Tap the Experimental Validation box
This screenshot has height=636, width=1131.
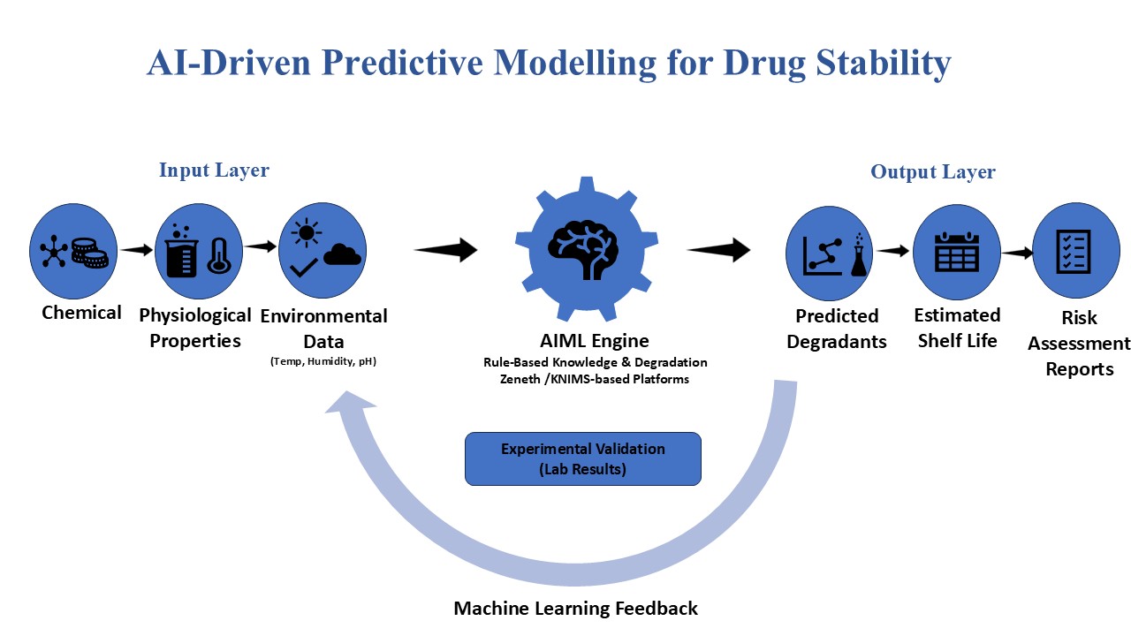(582, 458)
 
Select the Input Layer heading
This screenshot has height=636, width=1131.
(214, 170)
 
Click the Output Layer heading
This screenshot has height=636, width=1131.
(933, 172)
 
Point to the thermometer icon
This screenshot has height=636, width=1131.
(220, 255)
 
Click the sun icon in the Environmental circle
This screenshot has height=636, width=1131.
(306, 232)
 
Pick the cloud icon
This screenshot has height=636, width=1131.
(342, 254)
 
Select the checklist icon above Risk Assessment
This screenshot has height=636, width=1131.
(1074, 251)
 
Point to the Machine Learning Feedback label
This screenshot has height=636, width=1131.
(575, 609)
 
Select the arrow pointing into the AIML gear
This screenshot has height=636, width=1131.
(445, 249)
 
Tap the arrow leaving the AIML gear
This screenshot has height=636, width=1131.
(718, 249)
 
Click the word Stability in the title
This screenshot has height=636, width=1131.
(884, 63)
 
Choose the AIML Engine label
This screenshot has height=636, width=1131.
(595, 341)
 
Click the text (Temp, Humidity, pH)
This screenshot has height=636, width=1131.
(323, 361)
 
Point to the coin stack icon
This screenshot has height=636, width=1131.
(89, 253)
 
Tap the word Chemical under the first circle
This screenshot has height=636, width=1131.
(81, 313)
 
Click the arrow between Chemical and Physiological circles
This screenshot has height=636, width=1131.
(136, 249)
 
